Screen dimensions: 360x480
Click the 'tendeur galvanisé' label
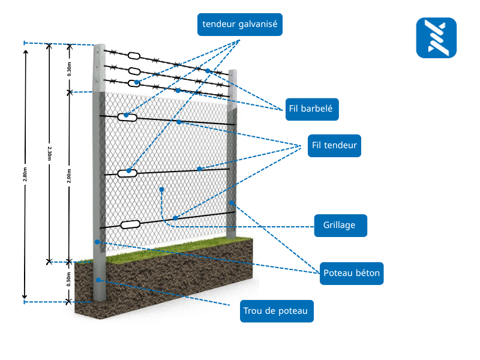tap(240, 25)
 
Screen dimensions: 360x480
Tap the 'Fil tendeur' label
tap(334, 146)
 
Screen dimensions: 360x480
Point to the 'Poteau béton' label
tap(352, 273)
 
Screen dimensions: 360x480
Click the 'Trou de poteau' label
tap(276, 311)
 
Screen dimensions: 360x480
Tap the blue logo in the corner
tap(436, 38)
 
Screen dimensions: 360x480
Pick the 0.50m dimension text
tap(69, 280)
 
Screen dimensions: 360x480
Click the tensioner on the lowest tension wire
tap(130, 225)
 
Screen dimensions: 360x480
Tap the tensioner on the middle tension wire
tap(127, 173)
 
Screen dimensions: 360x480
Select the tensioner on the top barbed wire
tap(134, 56)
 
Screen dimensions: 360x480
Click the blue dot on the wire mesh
tap(162, 189)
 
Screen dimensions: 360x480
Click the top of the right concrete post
tap(233, 72)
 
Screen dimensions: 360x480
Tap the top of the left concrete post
tap(98, 47)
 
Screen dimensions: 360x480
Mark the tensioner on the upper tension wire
tap(127, 117)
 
